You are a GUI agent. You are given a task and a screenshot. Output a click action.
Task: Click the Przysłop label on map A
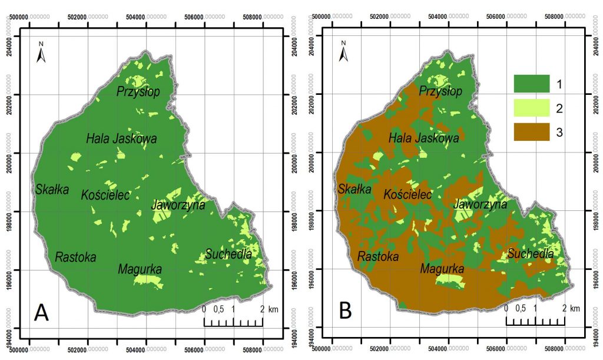138,91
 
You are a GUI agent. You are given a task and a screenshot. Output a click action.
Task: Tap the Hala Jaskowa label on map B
423,138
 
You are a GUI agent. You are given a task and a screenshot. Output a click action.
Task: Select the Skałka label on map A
52,190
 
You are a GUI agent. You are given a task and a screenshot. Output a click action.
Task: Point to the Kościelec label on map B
407,194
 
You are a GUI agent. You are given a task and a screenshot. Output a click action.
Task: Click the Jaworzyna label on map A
178,205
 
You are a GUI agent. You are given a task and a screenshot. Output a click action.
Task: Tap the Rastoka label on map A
75,257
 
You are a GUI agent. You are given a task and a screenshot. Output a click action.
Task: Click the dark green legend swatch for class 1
531,84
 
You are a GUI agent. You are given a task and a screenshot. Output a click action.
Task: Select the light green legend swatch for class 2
531,108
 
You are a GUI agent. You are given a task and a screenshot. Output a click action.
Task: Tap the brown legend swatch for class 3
531,133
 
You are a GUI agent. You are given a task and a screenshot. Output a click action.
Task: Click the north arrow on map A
41,52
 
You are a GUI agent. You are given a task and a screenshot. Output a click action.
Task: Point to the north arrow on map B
344,52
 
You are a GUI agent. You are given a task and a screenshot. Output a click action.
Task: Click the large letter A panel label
41,311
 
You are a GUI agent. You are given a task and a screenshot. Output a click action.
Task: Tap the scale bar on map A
233,321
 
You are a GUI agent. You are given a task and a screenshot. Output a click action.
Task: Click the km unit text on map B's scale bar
575,309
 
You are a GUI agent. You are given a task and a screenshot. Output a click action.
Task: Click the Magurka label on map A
140,269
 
